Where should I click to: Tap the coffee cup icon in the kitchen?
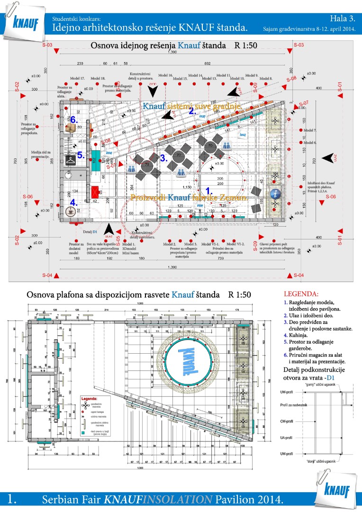tap(73, 211)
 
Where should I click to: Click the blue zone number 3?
tap(163, 158)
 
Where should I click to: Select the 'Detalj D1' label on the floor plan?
tap(90, 232)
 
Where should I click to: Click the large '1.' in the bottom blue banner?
tap(13, 499)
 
